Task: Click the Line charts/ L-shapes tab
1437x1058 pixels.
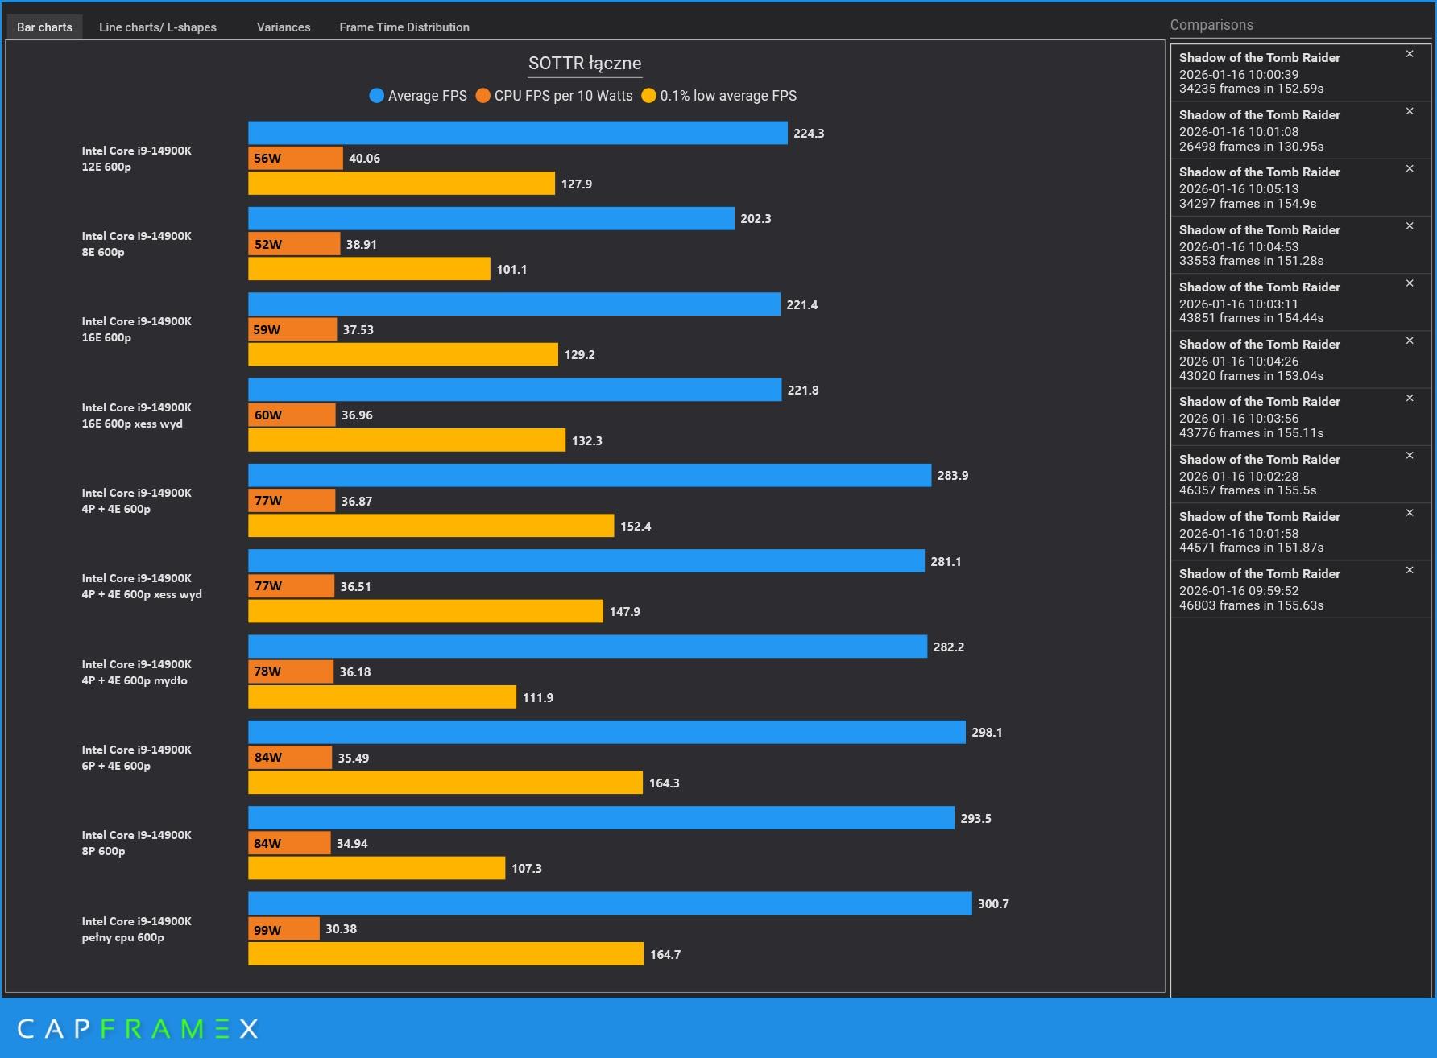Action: pyautogui.click(x=157, y=27)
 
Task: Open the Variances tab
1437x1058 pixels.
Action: pyautogui.click(x=284, y=27)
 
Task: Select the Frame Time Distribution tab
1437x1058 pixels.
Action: pyautogui.click(x=404, y=27)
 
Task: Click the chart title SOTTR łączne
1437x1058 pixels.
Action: pyautogui.click(x=585, y=64)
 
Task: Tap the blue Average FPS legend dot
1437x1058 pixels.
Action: pyautogui.click(x=376, y=96)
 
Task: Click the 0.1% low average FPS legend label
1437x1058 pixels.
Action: pyautogui.click(x=727, y=96)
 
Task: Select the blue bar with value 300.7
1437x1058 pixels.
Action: pyautogui.click(x=610, y=903)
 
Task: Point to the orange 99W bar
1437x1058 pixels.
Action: pyautogui.click(x=284, y=929)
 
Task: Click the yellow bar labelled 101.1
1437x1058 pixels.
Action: pyautogui.click(x=369, y=269)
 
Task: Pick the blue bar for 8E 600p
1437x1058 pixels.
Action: pyautogui.click(x=491, y=219)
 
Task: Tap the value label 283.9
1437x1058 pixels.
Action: pyautogui.click(x=953, y=476)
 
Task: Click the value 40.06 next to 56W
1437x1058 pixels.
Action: pyautogui.click(x=364, y=159)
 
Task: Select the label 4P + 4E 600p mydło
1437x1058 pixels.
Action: pyautogui.click(x=136, y=672)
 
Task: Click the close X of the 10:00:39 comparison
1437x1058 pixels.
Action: pyautogui.click(x=1410, y=54)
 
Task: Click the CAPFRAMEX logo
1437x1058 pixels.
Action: pyautogui.click(x=138, y=1028)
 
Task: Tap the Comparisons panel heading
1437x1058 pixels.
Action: pyautogui.click(x=1211, y=25)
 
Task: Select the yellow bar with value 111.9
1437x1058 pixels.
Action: pyautogui.click(x=382, y=697)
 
